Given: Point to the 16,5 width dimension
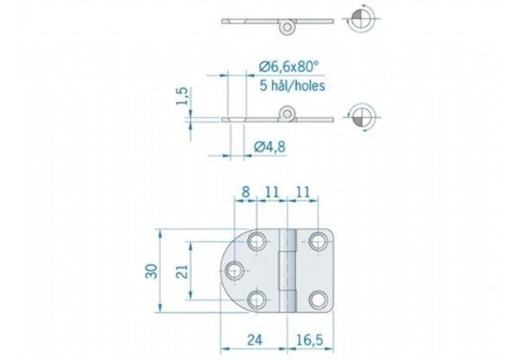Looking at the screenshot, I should coord(308,339).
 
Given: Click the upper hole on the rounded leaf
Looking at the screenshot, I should coord(258,241).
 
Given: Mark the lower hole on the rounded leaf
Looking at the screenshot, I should coord(258,301).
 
